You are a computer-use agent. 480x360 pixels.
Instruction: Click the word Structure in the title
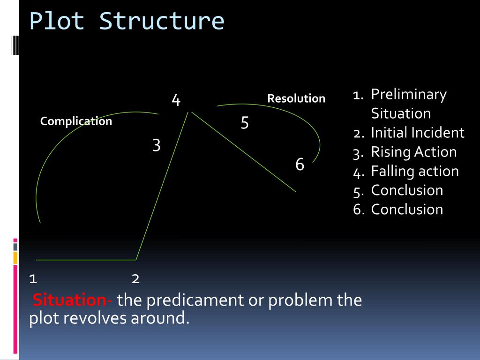click(x=162, y=22)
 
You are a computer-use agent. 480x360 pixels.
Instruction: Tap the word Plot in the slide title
click(x=57, y=22)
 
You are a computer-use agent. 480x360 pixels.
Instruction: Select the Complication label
click(x=76, y=121)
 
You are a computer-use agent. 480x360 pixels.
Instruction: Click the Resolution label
click(x=296, y=98)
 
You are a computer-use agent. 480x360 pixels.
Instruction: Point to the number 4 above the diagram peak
click(x=176, y=100)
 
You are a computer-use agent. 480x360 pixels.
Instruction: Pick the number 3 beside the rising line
click(x=157, y=145)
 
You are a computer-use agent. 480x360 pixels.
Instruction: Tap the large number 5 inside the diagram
click(x=245, y=123)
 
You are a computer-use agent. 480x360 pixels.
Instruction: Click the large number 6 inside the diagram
click(x=300, y=165)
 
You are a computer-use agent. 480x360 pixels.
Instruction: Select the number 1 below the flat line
click(x=33, y=279)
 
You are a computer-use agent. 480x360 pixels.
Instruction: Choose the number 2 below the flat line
click(x=135, y=279)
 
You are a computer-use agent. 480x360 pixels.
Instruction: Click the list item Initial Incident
click(x=417, y=133)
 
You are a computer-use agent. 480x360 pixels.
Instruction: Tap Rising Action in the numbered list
click(x=413, y=152)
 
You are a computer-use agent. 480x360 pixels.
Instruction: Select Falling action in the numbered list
click(x=415, y=171)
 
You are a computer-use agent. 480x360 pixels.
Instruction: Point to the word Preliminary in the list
click(x=409, y=94)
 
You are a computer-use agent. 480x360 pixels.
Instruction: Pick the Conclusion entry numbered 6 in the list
click(x=407, y=209)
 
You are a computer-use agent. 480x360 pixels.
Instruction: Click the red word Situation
click(x=69, y=300)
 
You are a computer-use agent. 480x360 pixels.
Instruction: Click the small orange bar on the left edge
click(x=15, y=257)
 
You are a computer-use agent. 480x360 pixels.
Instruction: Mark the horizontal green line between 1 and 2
click(x=86, y=259)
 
